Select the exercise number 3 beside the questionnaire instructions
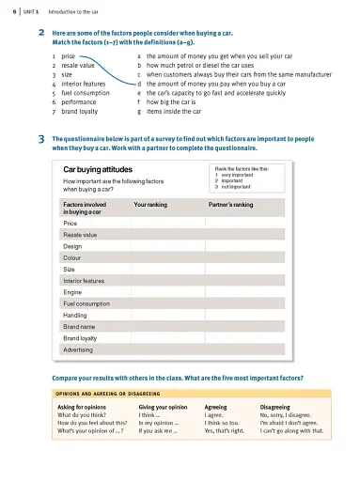click(x=42, y=139)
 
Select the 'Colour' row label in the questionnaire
click(x=71, y=256)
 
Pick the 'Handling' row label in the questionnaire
click(x=75, y=315)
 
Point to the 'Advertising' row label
click(x=77, y=349)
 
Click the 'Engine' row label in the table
click(x=72, y=291)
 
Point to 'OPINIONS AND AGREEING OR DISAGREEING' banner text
click(x=108, y=393)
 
